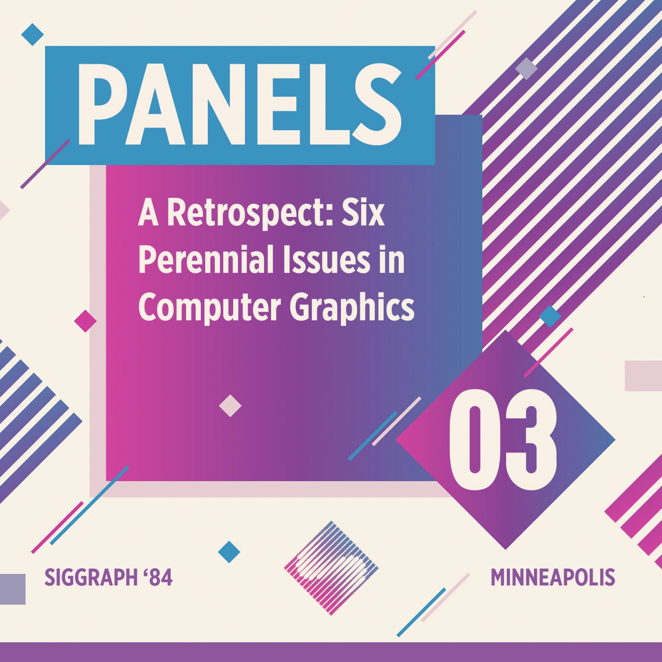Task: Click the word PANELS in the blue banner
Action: pyautogui.click(x=240, y=105)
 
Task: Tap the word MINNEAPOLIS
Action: pyautogui.click(x=553, y=578)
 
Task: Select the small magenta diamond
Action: pyautogui.click(x=85, y=321)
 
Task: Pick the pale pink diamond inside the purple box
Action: pyautogui.click(x=230, y=406)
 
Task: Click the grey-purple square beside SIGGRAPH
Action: pyautogui.click(x=12, y=589)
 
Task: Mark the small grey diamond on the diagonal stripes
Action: pyautogui.click(x=526, y=69)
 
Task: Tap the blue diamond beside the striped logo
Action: pyautogui.click(x=229, y=552)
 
